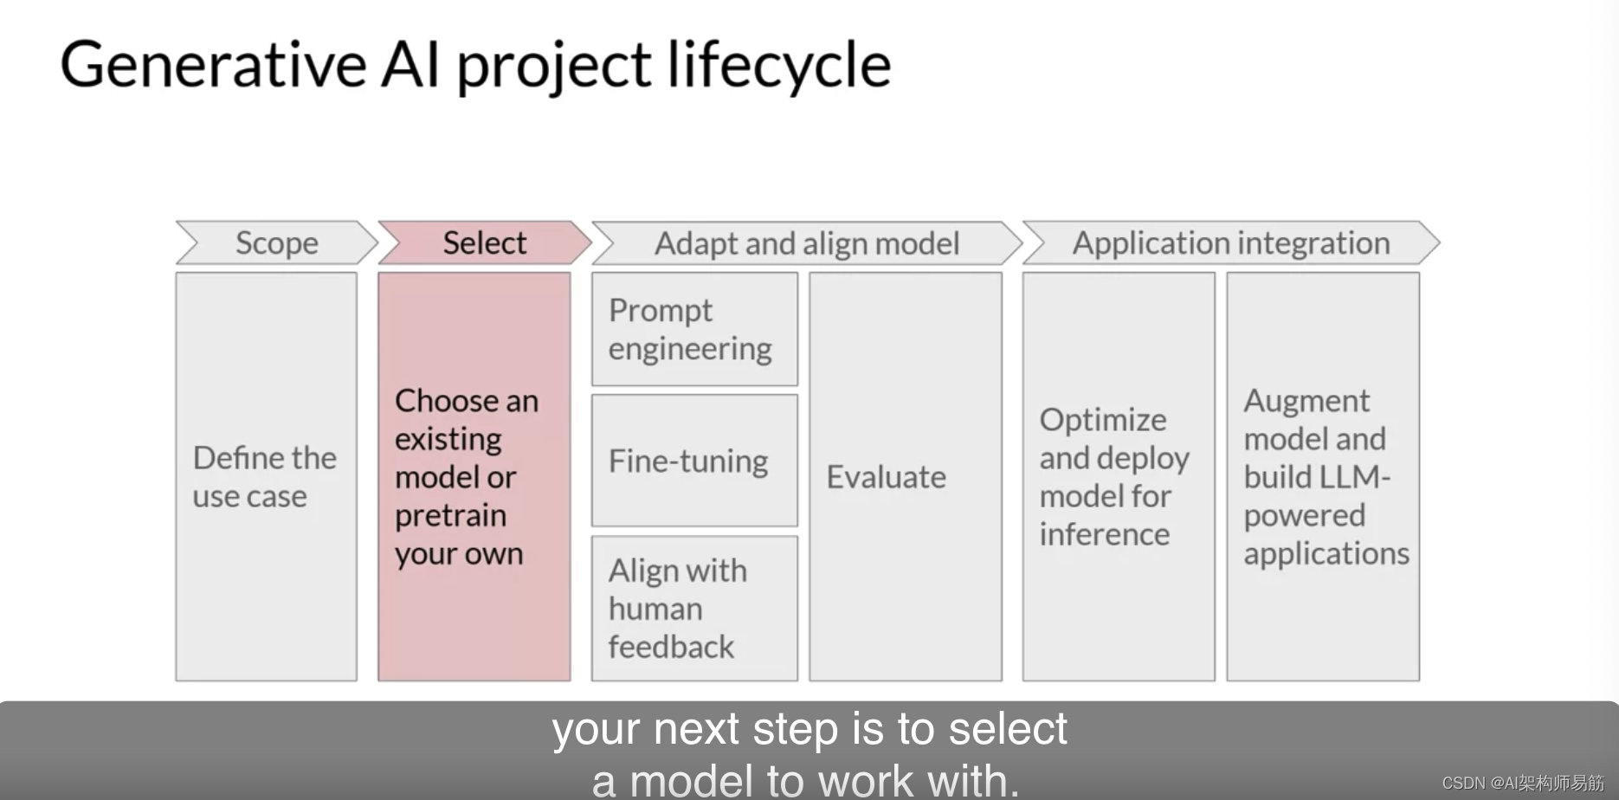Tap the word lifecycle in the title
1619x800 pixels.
[x=779, y=66]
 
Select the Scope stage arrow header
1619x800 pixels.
[x=276, y=243]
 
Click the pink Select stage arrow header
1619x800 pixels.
[x=484, y=243]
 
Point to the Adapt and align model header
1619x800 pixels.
[x=806, y=243]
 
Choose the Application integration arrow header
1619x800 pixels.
[x=1230, y=243]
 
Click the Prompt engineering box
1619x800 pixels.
[x=693, y=330]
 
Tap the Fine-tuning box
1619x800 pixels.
[x=693, y=461]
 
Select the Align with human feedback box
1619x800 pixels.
[x=693, y=609]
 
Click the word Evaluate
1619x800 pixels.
[x=886, y=477]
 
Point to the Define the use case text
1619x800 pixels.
[x=264, y=477]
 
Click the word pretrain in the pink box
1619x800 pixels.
[x=450, y=516]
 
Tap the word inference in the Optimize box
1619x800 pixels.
[x=1104, y=534]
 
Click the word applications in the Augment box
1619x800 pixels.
[x=1326, y=554]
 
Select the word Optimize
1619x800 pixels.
[x=1102, y=420]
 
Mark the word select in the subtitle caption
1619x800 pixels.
[x=1008, y=729]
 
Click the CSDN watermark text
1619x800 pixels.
[x=1522, y=783]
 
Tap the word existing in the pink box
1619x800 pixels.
[x=448, y=440]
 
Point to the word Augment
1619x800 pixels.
[x=1306, y=402]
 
